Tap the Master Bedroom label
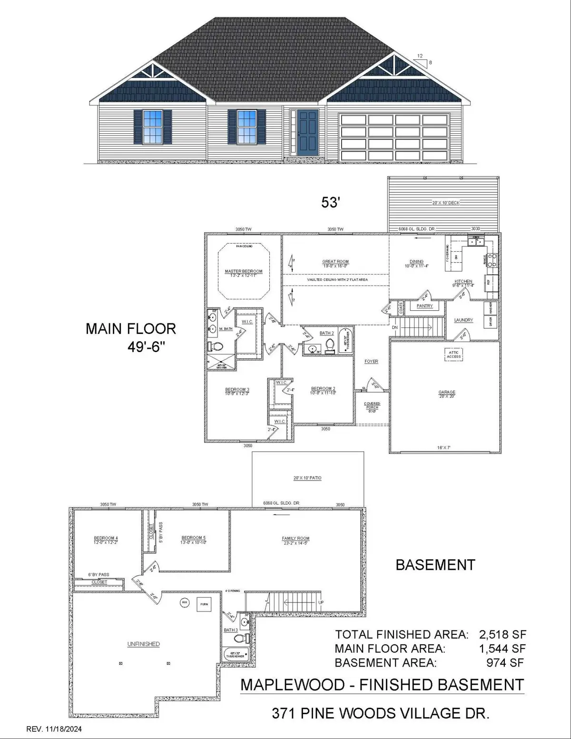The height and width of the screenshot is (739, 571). [243, 272]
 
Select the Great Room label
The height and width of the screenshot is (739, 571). [335, 262]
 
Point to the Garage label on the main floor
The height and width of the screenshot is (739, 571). [447, 393]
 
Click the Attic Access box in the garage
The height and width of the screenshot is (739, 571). [453, 354]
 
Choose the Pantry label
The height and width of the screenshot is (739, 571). [424, 306]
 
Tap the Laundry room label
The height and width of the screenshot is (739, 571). [463, 320]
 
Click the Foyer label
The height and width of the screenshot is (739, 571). [371, 362]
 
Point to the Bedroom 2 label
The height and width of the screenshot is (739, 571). [323, 389]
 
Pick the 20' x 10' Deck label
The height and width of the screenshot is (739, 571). [446, 203]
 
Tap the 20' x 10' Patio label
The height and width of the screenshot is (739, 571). [307, 478]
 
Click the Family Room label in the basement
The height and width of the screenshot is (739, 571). [295, 539]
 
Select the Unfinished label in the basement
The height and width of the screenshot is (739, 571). [143, 644]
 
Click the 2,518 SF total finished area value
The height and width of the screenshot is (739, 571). [502, 634]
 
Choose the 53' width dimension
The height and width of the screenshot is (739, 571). [330, 203]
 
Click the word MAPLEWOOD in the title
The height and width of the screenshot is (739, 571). [293, 685]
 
